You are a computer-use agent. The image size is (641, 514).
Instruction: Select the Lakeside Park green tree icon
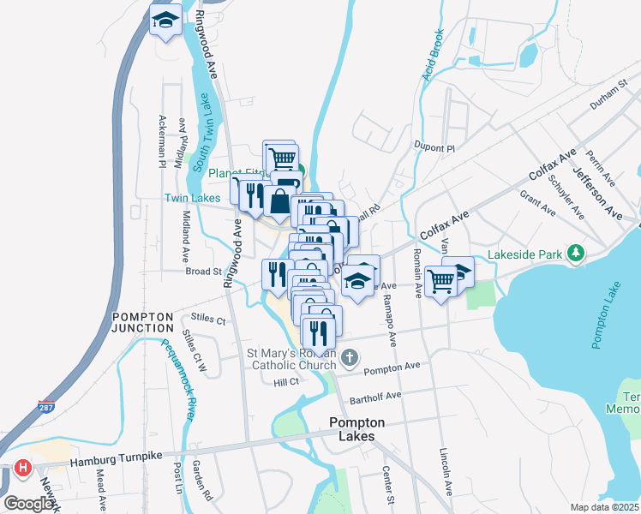tap(578, 254)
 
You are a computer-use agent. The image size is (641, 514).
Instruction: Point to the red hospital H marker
tap(23, 469)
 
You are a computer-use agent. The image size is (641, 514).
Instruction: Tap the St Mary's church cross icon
tap(349, 356)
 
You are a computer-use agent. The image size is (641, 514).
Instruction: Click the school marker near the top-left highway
tap(166, 21)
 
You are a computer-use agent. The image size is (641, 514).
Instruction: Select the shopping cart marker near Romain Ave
tap(440, 281)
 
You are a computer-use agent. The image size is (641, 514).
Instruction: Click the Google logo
tap(29, 504)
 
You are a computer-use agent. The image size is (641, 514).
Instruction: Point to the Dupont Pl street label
tap(433, 147)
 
